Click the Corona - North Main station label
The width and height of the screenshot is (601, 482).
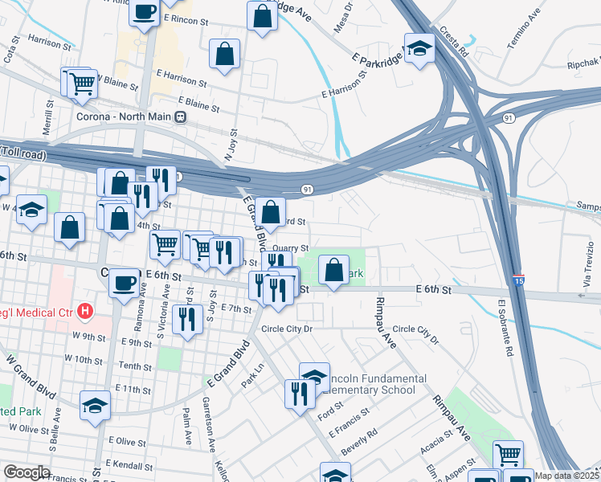[125, 116]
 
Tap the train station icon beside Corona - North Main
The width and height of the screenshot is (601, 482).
[182, 116]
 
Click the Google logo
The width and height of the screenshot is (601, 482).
[27, 472]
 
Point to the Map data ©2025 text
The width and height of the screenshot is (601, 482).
[567, 476]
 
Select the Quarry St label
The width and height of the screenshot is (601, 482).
[291, 248]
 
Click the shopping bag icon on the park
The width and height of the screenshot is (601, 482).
[333, 270]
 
